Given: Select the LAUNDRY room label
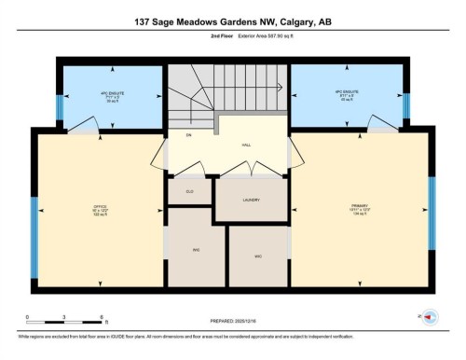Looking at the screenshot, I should (x=250, y=199).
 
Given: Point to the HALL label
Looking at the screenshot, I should (x=246, y=145).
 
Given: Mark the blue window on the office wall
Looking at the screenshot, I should (x=34, y=238).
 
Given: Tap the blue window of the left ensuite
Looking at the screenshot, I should (x=60, y=107).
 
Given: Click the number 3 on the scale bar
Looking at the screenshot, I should (x=62, y=317).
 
